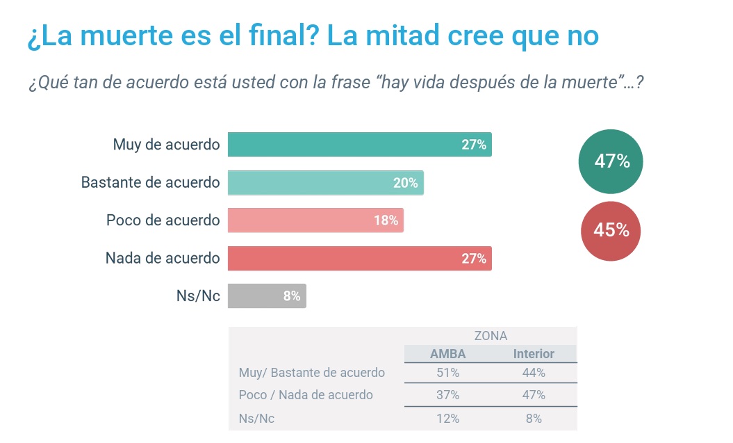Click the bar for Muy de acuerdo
(359, 145)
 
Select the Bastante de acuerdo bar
(325, 183)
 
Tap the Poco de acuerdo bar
(315, 220)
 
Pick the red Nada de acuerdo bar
(359, 258)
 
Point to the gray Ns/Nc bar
(267, 296)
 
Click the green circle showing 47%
(611, 162)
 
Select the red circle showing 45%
(611, 230)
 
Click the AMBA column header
(448, 354)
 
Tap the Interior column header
(534, 354)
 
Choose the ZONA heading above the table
(491, 336)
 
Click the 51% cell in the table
(448, 373)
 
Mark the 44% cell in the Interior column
(534, 373)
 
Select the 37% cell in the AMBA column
(448, 395)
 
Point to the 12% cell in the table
(448, 418)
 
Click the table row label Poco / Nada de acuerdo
(306, 395)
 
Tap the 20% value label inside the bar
(406, 183)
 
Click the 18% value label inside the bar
(386, 220)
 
